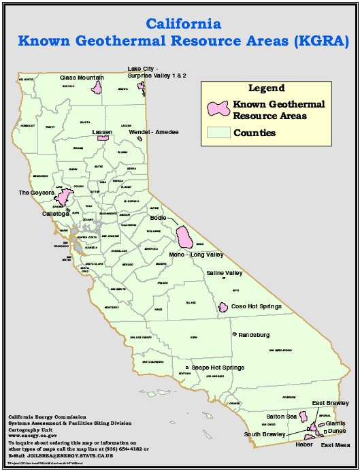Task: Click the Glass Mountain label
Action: click(x=82, y=78)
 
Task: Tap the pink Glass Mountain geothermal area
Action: click(x=97, y=88)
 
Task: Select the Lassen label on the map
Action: click(x=102, y=131)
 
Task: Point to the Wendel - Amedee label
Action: click(x=154, y=131)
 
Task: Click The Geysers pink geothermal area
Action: click(x=65, y=197)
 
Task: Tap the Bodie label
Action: click(x=159, y=218)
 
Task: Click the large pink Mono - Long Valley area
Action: click(x=183, y=236)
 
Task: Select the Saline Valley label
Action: click(x=225, y=273)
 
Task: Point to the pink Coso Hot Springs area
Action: click(x=223, y=308)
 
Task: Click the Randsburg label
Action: click(x=254, y=335)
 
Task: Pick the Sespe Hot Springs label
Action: click(x=218, y=368)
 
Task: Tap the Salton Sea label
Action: click(x=281, y=417)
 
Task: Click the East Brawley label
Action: click(x=331, y=403)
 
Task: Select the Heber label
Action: click(x=304, y=444)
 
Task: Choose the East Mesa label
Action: click(x=336, y=445)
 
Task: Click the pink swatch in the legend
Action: click(x=217, y=109)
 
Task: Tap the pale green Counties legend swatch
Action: click(x=218, y=133)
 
